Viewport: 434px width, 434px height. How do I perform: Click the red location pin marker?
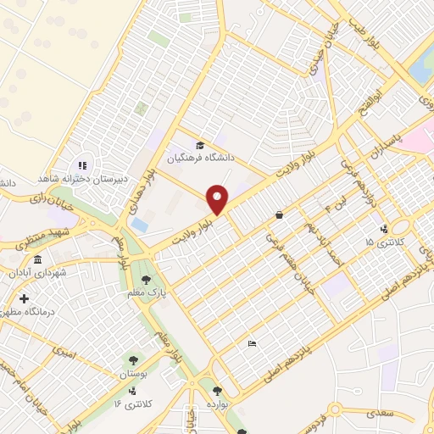[219, 200]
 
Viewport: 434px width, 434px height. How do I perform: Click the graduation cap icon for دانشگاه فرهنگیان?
[199, 146]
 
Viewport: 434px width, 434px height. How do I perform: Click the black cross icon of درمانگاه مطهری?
[25, 299]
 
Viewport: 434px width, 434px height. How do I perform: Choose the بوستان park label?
[135, 373]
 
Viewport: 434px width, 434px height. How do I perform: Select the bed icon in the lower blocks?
[252, 343]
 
